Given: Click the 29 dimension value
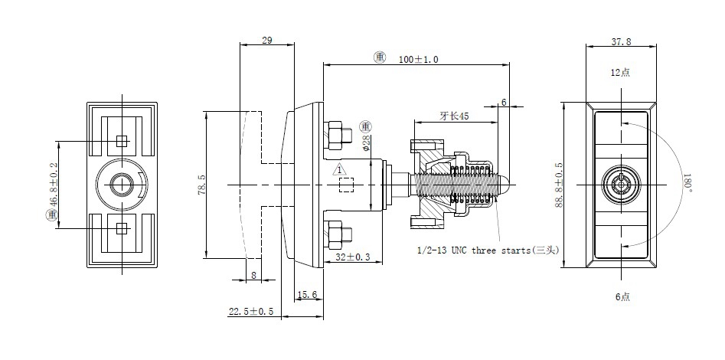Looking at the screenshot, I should coord(267,40).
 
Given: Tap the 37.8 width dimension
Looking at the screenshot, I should coord(620,41).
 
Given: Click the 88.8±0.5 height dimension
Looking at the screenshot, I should coord(560,184).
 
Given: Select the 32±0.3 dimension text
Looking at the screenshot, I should coord(352,258).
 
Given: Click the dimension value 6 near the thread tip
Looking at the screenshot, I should coord(504,102).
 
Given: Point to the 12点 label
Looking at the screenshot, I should coord(620,73).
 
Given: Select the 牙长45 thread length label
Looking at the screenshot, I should coord(454,116).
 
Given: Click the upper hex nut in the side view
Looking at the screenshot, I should coord(335,136).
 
